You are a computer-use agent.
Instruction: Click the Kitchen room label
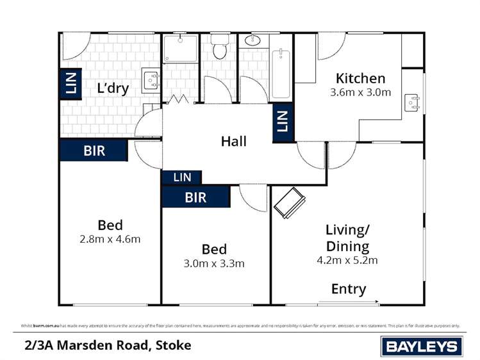[x=361, y=78]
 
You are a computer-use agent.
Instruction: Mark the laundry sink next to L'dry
[x=151, y=81]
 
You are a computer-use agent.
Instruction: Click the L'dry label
[x=113, y=88]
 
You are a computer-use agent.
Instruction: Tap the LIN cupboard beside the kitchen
[x=281, y=121]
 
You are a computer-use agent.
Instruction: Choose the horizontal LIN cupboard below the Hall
[x=182, y=177]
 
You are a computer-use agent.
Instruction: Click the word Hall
[x=233, y=141]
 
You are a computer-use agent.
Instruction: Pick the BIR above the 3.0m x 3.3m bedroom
[x=195, y=197]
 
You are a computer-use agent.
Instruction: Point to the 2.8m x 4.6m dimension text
[x=110, y=240]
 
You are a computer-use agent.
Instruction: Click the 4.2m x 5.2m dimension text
[x=347, y=260]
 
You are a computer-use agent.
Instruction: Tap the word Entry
[x=349, y=289]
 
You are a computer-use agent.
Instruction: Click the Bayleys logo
[x=421, y=347]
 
